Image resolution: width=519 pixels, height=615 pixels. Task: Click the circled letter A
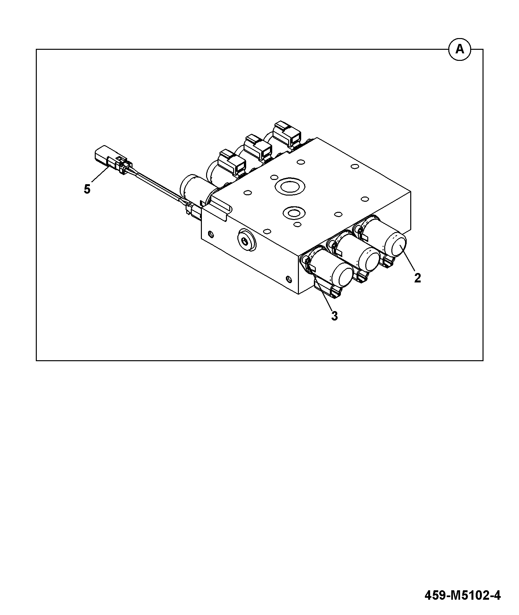click(x=459, y=49)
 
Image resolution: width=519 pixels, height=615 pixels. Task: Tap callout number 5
click(x=87, y=189)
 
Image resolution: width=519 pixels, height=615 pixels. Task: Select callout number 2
click(x=417, y=278)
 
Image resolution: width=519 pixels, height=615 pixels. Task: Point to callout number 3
click(x=334, y=316)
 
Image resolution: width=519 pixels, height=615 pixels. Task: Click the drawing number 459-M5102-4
click(x=462, y=595)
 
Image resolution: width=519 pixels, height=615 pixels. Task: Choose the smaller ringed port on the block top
click(x=294, y=213)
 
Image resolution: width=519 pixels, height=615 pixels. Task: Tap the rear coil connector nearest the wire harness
click(x=232, y=162)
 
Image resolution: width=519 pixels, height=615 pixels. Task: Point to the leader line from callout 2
click(x=408, y=259)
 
